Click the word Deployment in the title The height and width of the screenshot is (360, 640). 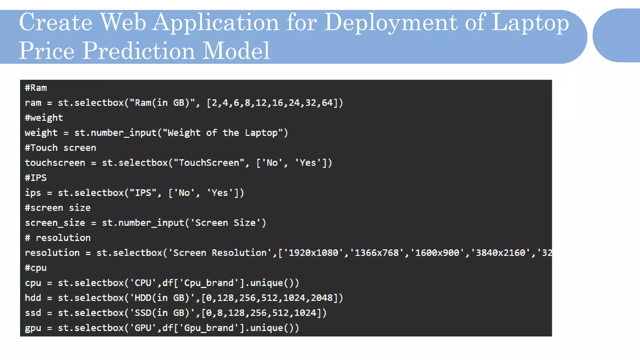click(391, 22)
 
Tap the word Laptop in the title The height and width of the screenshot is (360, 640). click(530, 22)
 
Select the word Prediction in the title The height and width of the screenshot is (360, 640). click(138, 51)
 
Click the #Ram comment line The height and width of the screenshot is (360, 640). click(36, 88)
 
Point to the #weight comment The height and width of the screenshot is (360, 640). click(44, 118)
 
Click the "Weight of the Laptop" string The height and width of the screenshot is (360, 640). click(222, 133)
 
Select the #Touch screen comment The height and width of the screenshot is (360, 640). click(60, 148)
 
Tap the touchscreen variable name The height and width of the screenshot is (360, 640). click(55, 163)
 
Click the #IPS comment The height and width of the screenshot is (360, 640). click(36, 178)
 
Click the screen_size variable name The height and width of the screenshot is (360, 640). click(55, 223)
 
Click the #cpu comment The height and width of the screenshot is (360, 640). click(36, 268)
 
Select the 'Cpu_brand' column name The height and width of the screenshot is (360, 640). click(209, 283)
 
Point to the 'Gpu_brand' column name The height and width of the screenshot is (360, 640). click(209, 328)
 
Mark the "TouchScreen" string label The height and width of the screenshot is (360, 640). click(209, 163)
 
